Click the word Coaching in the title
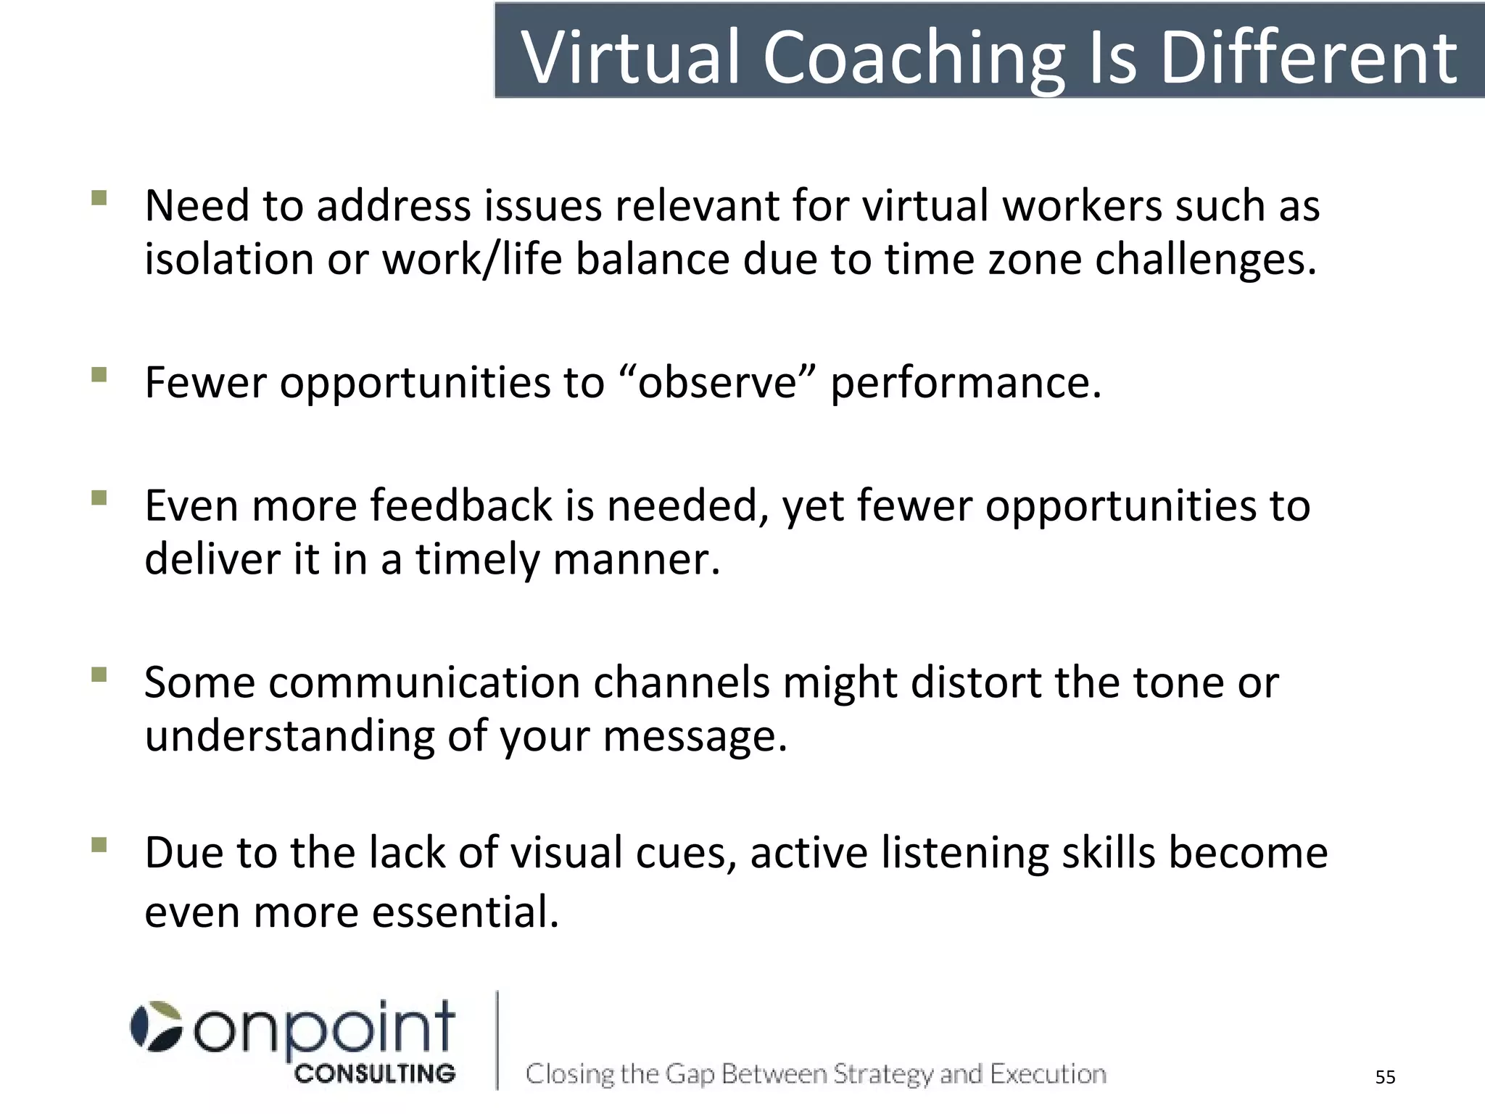pyautogui.click(x=914, y=58)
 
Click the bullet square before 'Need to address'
pyautogui.click(x=99, y=197)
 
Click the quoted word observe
pyautogui.click(x=718, y=382)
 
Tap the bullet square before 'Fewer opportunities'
pyautogui.click(x=99, y=374)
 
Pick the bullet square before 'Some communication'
pyautogui.click(x=99, y=674)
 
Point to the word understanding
pyautogui.click(x=289, y=736)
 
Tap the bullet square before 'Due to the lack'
pyautogui.click(x=99, y=844)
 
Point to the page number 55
pyautogui.click(x=1385, y=1077)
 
